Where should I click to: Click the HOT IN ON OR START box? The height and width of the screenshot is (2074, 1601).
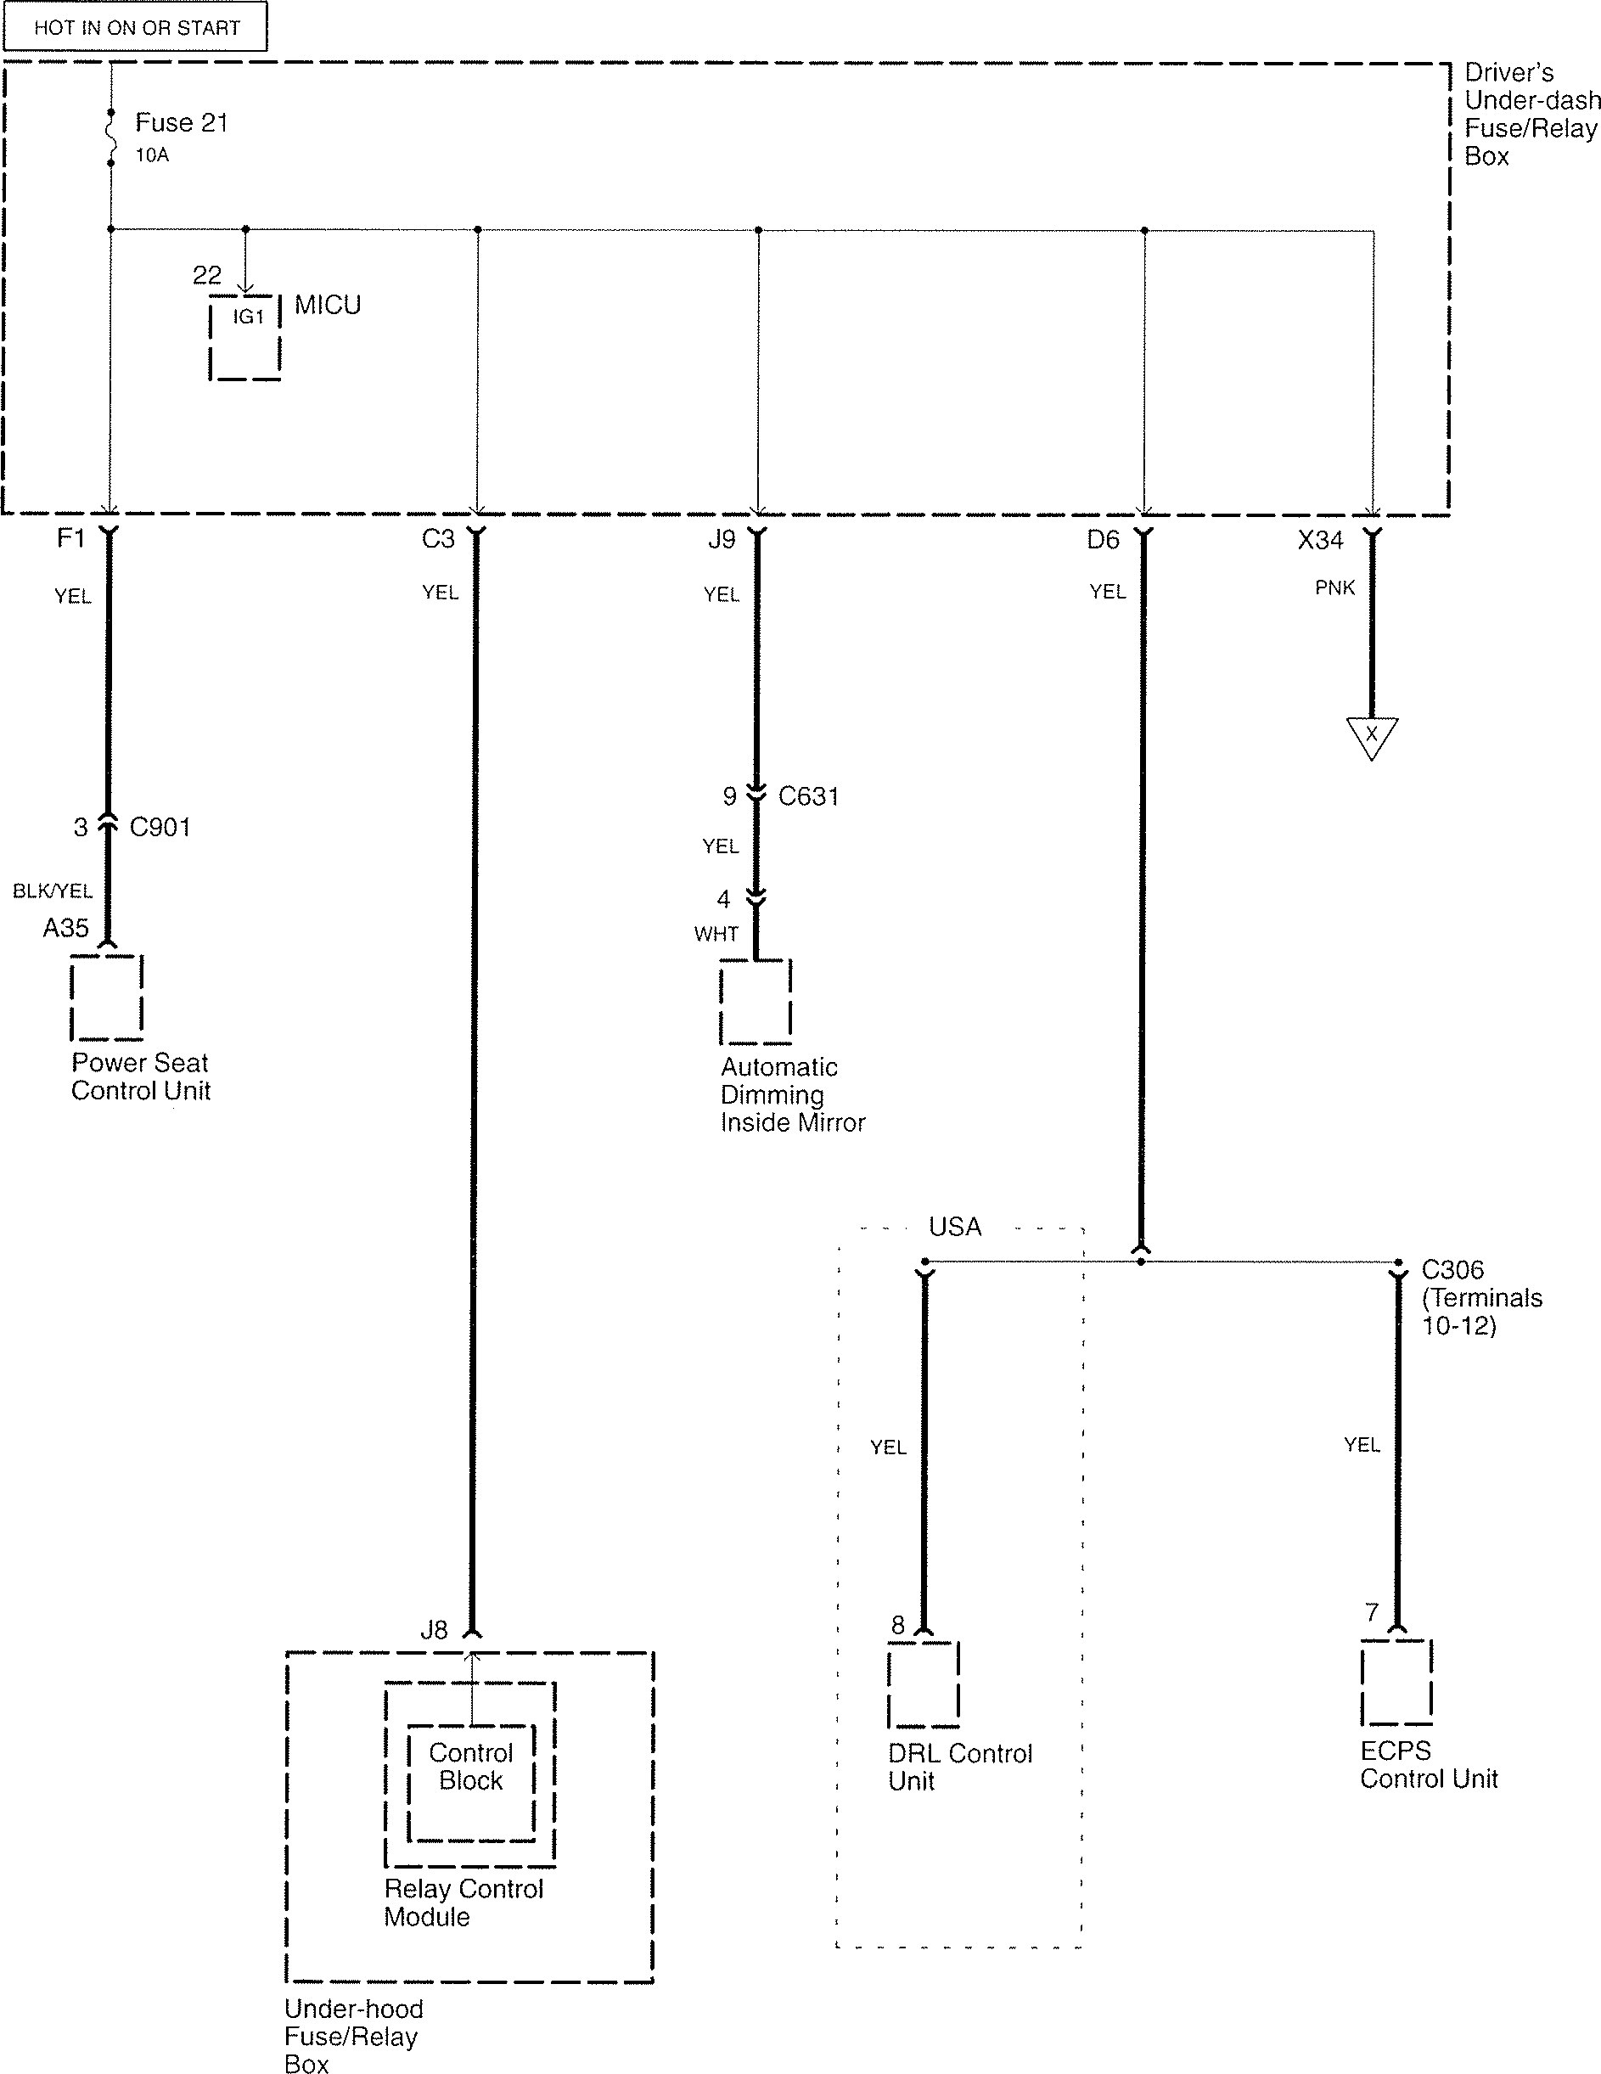coord(136,26)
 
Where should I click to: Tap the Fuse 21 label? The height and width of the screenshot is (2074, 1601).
coord(182,122)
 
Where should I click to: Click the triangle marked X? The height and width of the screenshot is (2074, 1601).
coord(1371,736)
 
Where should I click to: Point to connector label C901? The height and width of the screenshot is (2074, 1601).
coord(160,827)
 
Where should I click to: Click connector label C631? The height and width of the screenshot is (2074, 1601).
coord(808,795)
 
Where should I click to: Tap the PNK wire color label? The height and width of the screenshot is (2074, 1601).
coord(1335,587)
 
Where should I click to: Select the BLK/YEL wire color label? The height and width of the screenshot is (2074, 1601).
coord(53,891)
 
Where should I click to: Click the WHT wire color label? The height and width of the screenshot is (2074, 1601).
coord(716,934)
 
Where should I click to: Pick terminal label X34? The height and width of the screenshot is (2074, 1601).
coord(1320,540)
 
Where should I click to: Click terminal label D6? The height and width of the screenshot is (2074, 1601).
coord(1103,540)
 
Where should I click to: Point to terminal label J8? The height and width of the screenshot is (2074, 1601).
coord(434,1631)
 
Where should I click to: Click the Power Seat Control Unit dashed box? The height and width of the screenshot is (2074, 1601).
coord(106,998)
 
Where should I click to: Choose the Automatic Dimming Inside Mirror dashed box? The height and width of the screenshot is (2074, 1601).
coord(755,1002)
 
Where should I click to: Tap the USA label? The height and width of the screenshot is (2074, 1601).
coord(954,1227)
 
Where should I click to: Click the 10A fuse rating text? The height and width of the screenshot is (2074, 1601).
coord(152,155)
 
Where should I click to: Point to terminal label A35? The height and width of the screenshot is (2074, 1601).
coord(65,928)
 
